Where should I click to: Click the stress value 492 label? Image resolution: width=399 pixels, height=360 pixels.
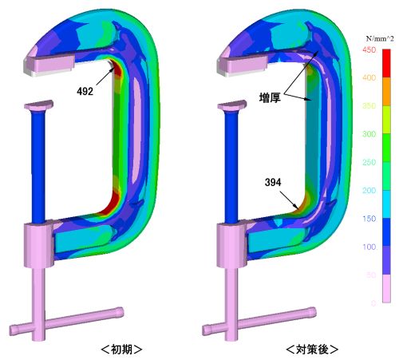85,92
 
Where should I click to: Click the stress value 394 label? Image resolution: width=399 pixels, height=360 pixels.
273,182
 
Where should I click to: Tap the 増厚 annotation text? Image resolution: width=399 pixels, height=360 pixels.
270,97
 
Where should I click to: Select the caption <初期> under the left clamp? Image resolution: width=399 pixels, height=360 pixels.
121,350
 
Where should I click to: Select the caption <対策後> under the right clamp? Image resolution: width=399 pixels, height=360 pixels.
312,350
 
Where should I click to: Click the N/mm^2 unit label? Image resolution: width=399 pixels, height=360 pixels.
380,38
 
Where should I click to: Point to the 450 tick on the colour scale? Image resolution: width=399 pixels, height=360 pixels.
369,49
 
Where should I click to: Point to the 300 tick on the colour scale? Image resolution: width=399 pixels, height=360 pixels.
369,134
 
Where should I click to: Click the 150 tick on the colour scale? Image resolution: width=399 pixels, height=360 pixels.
369,219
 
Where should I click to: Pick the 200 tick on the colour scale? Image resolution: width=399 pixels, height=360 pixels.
369,190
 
